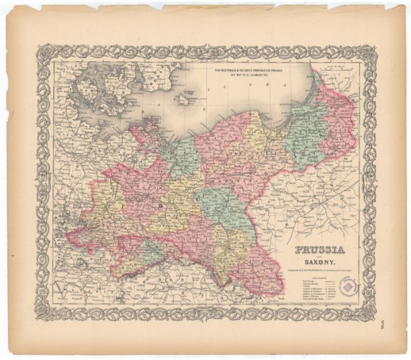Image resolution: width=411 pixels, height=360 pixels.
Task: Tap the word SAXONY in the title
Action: [317, 264]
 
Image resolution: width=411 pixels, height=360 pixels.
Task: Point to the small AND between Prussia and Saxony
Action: [317, 258]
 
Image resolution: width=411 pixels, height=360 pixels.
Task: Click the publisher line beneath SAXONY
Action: [317, 271]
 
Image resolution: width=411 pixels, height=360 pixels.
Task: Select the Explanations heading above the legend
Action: [317, 278]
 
